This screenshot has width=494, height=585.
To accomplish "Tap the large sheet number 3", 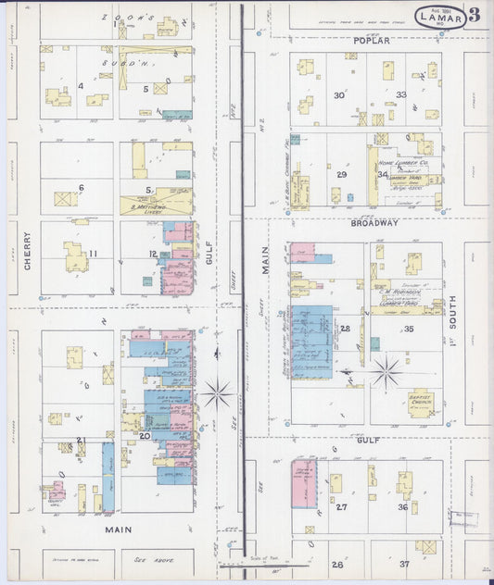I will point(475,14).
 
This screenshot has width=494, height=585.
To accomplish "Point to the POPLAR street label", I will point(371,41).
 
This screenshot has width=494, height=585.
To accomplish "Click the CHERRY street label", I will point(27,250).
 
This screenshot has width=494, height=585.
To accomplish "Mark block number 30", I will point(339,94).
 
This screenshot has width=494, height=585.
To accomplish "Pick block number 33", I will point(401,94).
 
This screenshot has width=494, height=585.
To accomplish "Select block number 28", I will point(345,328).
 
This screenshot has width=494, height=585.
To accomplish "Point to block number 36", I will point(403,506).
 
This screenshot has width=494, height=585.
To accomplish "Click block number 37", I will point(403,564).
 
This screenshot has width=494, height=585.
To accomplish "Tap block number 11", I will point(93,254).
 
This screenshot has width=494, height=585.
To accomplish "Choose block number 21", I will point(81,440).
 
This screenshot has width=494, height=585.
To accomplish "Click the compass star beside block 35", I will point(385,371).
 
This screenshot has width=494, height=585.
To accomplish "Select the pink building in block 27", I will point(303,483).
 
